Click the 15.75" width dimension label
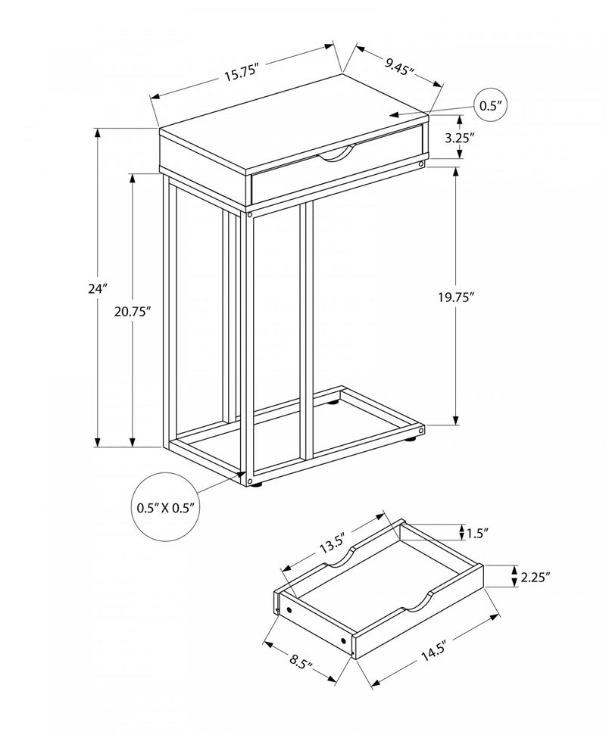pyautogui.click(x=242, y=72)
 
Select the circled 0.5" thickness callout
pyautogui.click(x=492, y=106)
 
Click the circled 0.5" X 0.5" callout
pyautogui.click(x=168, y=507)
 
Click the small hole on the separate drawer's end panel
pyautogui.click(x=345, y=641)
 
